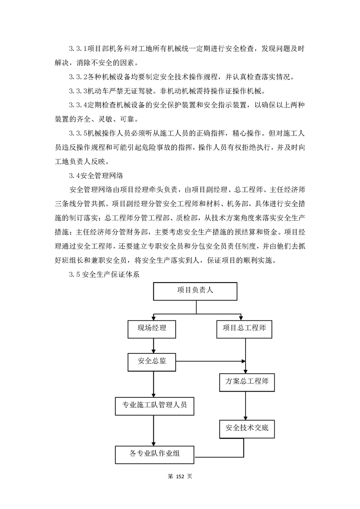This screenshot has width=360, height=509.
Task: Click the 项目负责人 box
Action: pos(195,291)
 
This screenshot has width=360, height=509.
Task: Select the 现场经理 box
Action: pos(152,328)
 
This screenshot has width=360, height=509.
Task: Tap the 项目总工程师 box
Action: pos(244,328)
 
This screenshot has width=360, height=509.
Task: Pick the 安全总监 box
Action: pos(152,362)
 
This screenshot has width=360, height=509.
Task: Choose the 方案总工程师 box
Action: pos(247,382)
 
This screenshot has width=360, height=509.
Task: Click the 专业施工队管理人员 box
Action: pos(154,405)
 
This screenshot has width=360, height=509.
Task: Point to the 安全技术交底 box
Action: pos(247,428)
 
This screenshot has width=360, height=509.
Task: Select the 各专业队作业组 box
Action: pos(154,454)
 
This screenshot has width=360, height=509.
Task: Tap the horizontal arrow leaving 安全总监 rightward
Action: pos(209,362)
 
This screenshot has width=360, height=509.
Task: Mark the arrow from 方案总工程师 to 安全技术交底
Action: pos(246,405)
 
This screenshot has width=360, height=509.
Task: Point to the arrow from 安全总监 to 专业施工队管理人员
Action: pos(153,383)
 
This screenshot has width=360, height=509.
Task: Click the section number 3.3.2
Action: pos(77,77)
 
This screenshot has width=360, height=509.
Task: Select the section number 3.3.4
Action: pos(77,105)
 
